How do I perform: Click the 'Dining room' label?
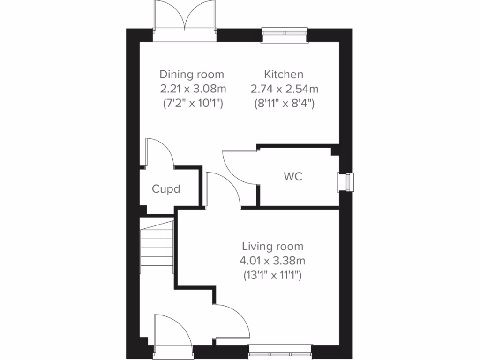pos(192,74)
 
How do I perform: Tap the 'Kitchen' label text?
pos(284,74)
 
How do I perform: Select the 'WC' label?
pos(292,177)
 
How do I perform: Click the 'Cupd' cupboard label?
pos(166,189)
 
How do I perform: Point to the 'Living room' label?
pos(272,246)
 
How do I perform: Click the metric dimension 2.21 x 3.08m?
pos(192,89)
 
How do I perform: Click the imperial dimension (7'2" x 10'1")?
pos(192,103)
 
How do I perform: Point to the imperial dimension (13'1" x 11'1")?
pos(272,275)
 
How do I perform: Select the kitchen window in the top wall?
pos(285,33)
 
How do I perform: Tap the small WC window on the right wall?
pos(347,181)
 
